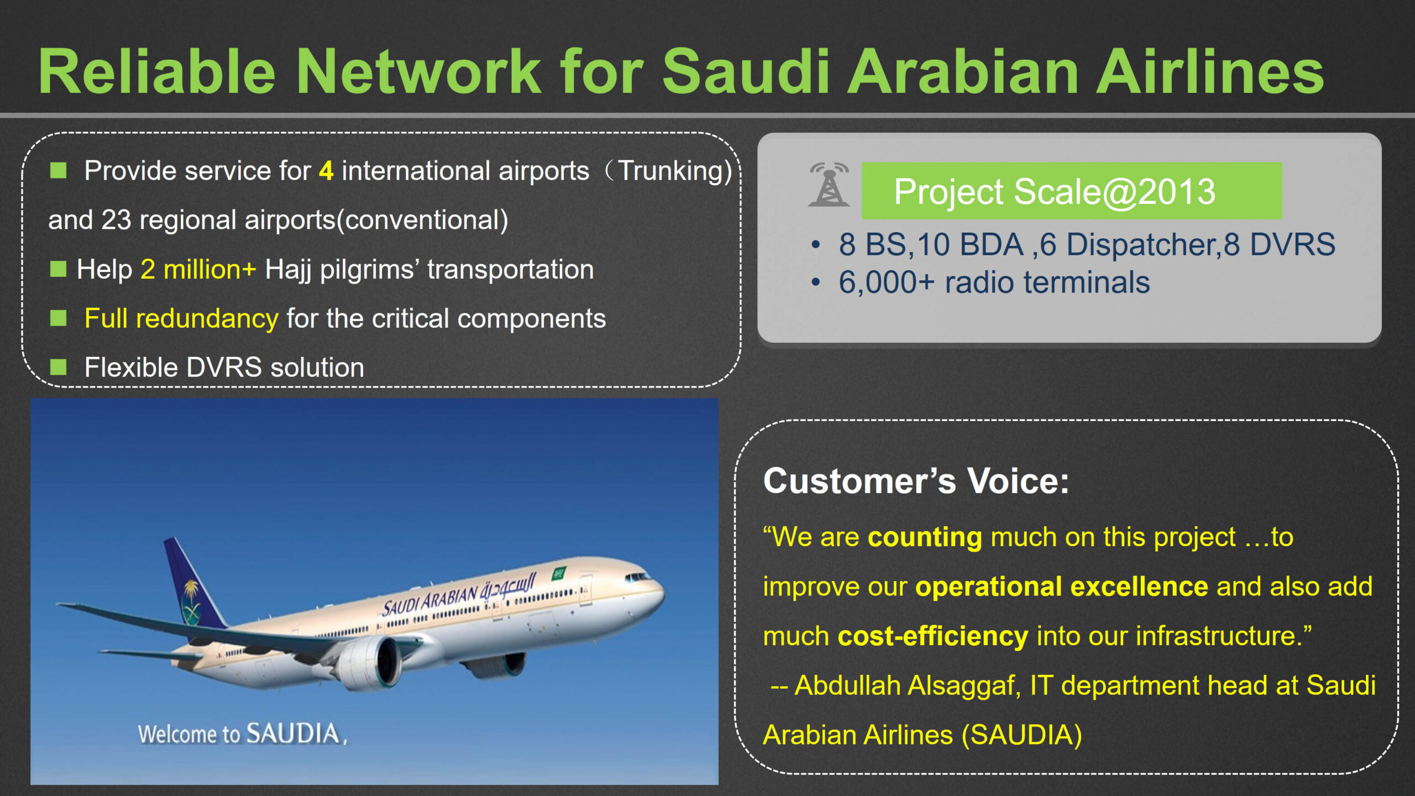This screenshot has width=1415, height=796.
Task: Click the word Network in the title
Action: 418,72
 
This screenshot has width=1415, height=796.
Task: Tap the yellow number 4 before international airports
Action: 326,171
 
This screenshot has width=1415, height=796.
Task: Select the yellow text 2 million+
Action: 198,270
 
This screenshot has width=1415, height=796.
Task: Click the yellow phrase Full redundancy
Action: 181,319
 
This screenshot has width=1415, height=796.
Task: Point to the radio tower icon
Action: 829,184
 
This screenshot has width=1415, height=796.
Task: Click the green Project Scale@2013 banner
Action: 1071,191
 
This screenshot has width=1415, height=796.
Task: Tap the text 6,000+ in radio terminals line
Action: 886,283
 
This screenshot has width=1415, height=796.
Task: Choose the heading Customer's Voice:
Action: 916,481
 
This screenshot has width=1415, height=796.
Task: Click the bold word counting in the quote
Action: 925,537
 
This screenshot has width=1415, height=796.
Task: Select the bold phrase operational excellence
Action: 1061,586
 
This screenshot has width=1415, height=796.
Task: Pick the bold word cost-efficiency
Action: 933,636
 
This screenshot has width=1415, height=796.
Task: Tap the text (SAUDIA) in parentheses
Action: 1021,736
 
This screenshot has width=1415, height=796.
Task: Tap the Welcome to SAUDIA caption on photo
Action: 243,734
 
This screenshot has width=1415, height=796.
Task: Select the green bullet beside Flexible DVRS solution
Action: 58,367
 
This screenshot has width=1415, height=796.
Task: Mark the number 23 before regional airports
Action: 116,220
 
